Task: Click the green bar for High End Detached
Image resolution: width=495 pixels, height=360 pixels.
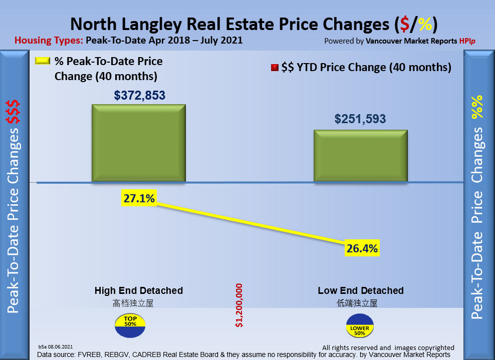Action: [x=138, y=143]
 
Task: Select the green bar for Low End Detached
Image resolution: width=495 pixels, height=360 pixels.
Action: [x=360, y=156]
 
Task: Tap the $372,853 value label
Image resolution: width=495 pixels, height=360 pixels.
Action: [x=140, y=95]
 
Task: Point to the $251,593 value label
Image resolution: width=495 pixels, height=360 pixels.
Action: [x=360, y=119]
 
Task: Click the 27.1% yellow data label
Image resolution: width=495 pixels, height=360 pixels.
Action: [x=139, y=199]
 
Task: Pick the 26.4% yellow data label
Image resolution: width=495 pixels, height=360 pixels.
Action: [x=361, y=248]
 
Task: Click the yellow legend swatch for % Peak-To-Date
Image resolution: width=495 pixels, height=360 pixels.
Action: [x=42, y=61]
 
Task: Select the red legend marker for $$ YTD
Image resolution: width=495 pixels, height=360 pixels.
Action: [x=274, y=68]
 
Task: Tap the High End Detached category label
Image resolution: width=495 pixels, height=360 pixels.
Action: [x=139, y=290]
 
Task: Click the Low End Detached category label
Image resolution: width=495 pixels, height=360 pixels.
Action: [x=361, y=290]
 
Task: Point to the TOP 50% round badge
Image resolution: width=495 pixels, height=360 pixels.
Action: [x=131, y=324]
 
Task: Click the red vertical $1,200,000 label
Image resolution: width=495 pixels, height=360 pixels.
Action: [x=239, y=305]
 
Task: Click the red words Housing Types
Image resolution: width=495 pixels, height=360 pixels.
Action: [x=49, y=41]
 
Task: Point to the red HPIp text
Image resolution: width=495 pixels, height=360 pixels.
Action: [x=467, y=41]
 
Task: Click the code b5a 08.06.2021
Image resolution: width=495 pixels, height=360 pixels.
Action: [x=56, y=346]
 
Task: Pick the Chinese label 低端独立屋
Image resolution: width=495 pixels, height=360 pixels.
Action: [x=357, y=303]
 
